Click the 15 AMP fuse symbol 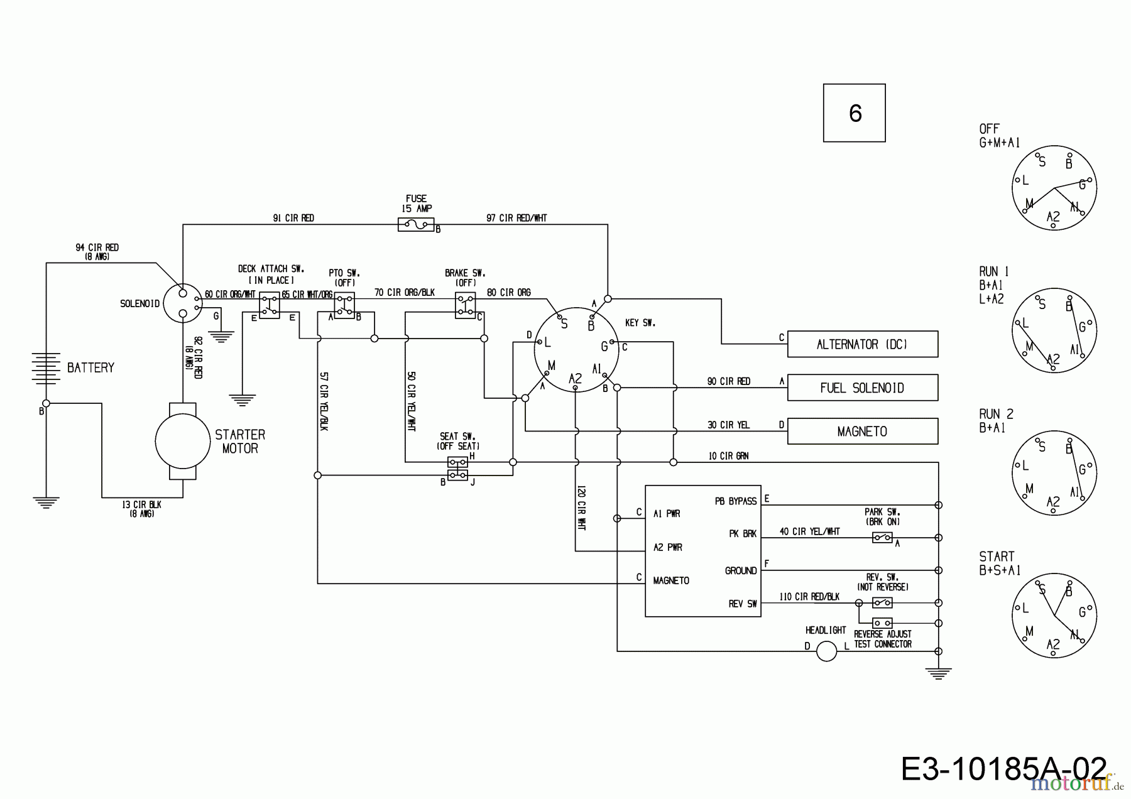[416, 224]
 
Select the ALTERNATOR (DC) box [862, 344]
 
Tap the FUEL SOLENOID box [862, 388]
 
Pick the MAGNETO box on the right [862, 432]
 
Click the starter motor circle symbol [183, 442]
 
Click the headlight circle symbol [826, 651]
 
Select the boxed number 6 [855, 113]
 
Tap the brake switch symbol [465, 305]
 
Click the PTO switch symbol [344, 305]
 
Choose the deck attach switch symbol [270, 305]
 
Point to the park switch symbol [882, 538]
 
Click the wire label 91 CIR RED [293, 218]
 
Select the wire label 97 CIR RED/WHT [516, 218]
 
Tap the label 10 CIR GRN [728, 456]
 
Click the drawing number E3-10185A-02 [1003, 769]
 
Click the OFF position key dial [1054, 188]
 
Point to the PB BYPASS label [736, 501]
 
